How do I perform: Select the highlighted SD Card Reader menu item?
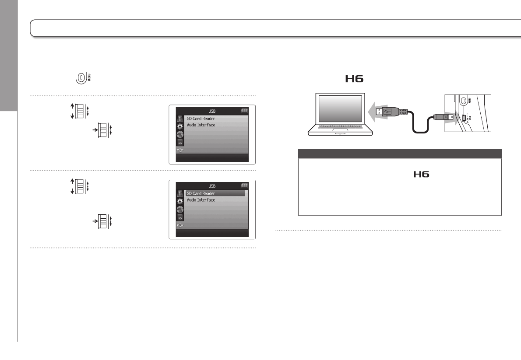click(x=201, y=193)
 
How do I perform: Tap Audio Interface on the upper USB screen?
click(x=201, y=125)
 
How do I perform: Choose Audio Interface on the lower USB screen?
click(x=201, y=200)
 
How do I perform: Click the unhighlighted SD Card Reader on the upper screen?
click(x=201, y=119)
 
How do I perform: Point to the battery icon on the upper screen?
click(x=244, y=111)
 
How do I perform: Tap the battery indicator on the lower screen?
click(x=244, y=185)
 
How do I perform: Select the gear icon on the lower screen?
click(x=180, y=201)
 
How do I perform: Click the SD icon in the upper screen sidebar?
click(x=180, y=143)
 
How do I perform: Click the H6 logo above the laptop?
click(x=355, y=79)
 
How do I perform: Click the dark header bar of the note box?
click(x=399, y=154)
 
